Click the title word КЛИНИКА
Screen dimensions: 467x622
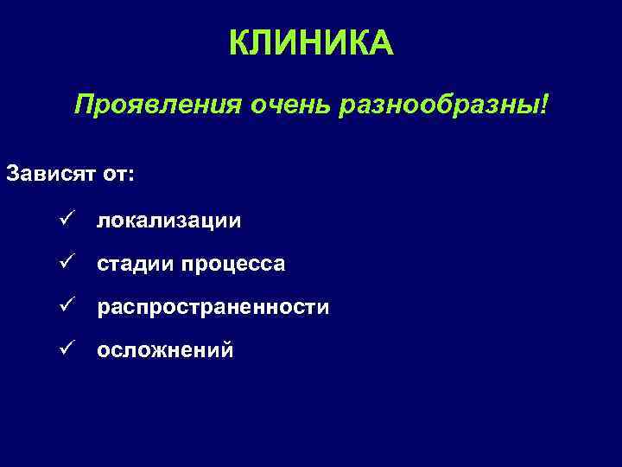tap(311, 42)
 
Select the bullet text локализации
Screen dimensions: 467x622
tap(168, 221)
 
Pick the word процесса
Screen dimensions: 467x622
tap(232, 264)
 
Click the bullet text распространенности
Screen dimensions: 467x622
tap(213, 308)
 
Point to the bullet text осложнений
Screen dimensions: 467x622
tap(165, 350)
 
